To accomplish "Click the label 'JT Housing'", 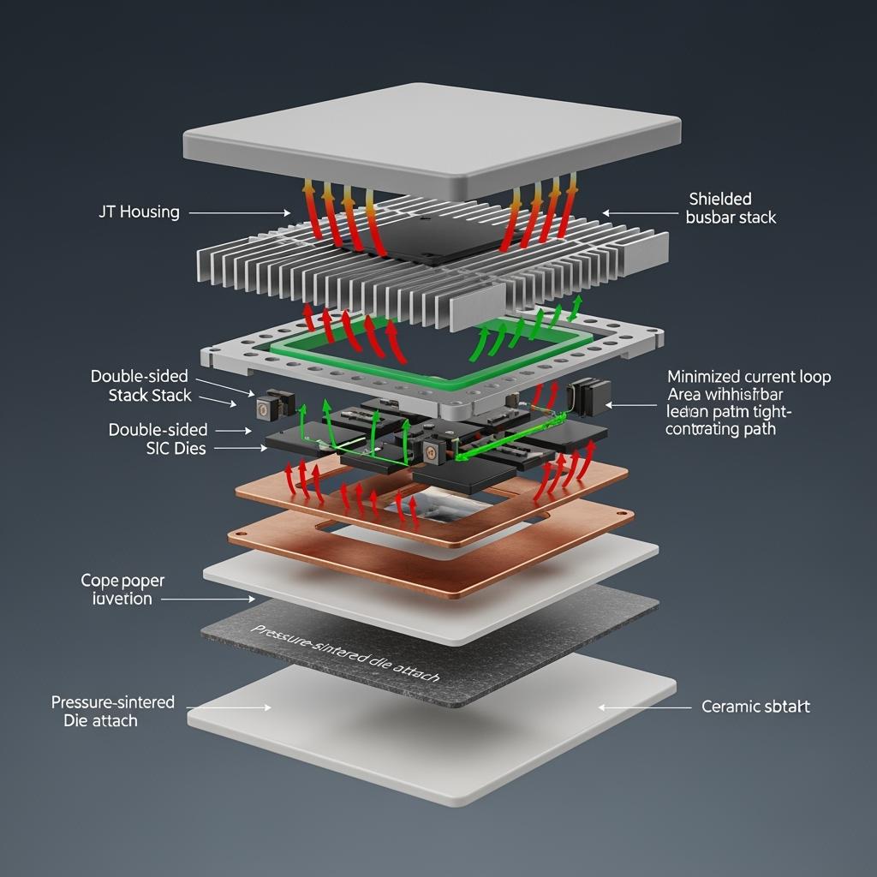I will (139, 212).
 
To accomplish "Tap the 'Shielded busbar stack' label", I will (731, 208).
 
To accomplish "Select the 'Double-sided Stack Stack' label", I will (140, 386).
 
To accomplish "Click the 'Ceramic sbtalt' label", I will (755, 707).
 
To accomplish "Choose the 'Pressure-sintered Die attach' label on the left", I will (112, 711).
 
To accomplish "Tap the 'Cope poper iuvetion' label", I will (122, 589).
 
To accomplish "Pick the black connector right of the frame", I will (585, 396).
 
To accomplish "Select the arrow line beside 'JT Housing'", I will (240, 212).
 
